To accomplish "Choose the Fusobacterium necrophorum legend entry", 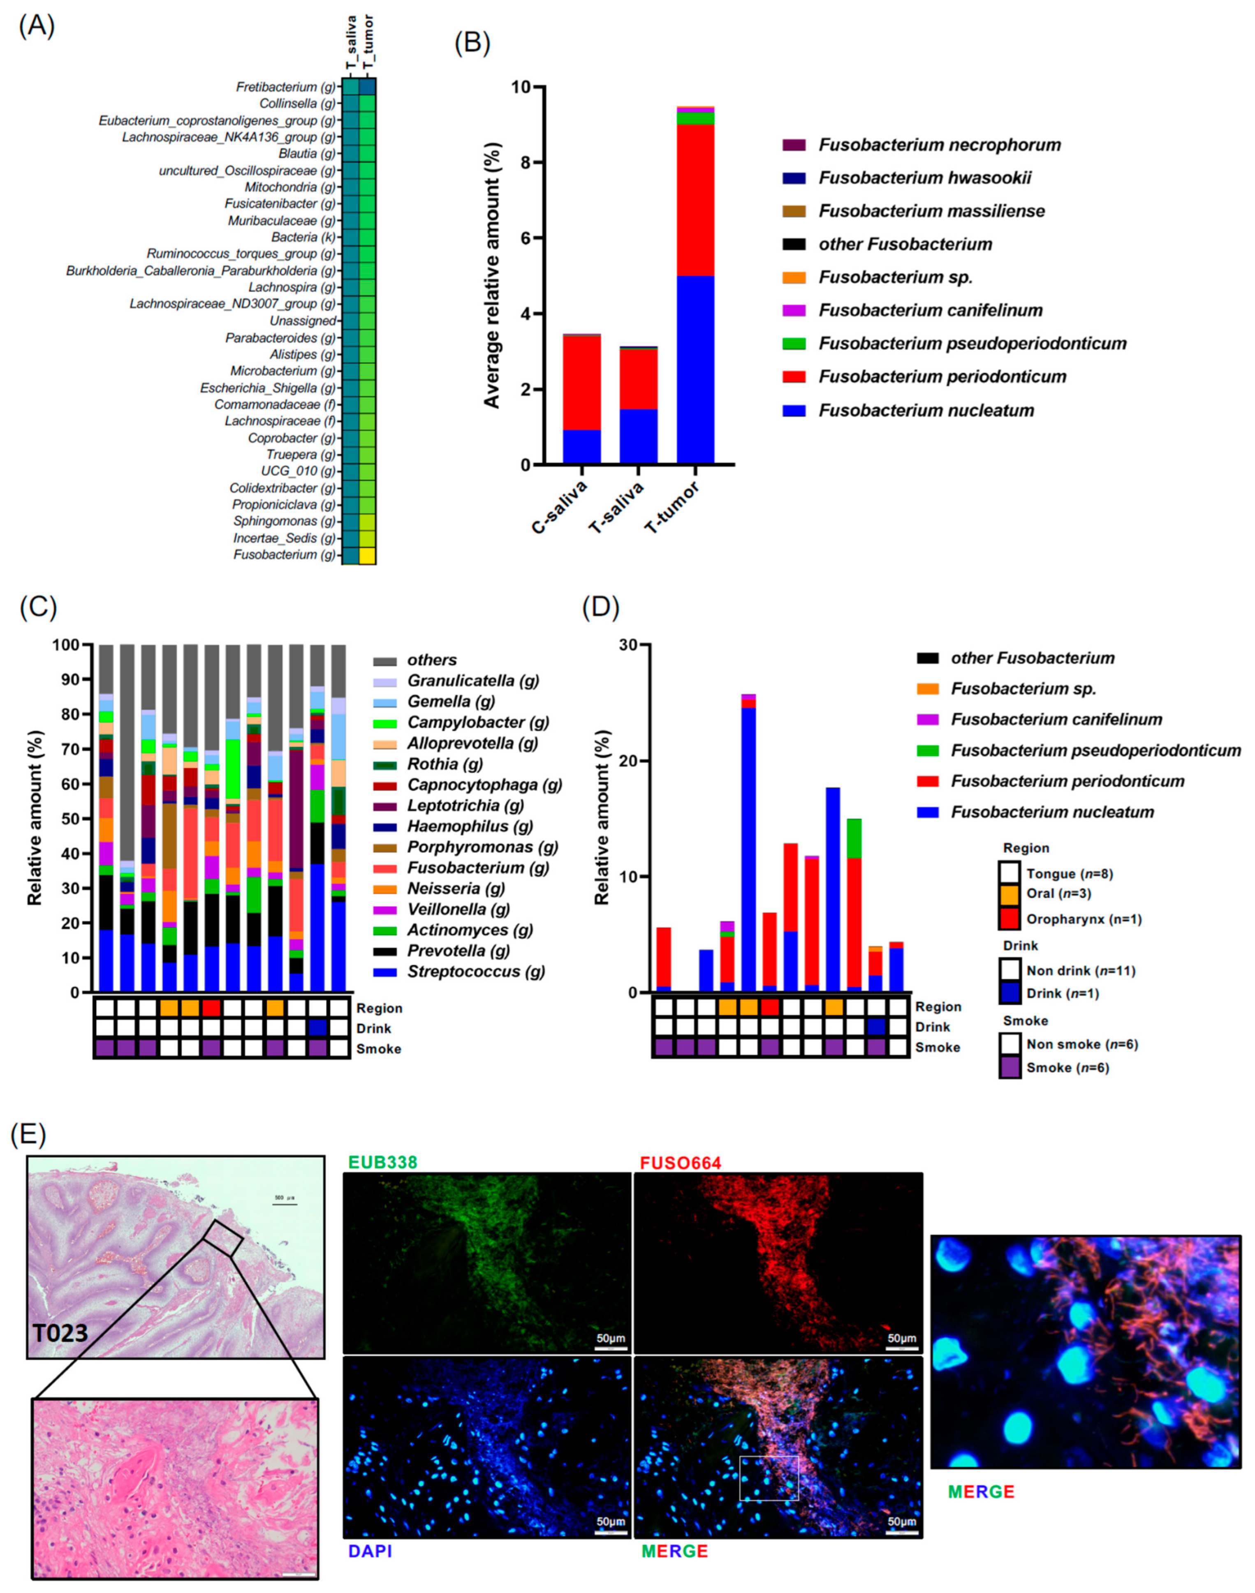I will pyautogui.click(x=940, y=145).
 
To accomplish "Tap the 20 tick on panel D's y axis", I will pyautogui.click(x=640, y=761).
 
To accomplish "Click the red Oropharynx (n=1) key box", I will pyautogui.click(x=1009, y=919).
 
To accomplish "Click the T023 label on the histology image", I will pyautogui.click(x=60, y=1332).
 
